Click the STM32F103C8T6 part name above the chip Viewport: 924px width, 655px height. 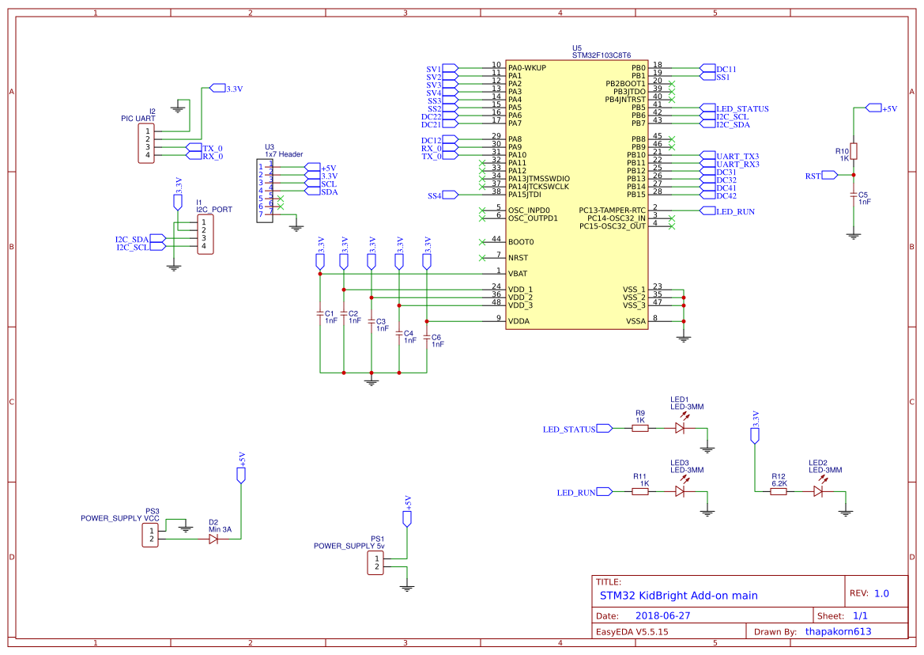[x=601, y=55]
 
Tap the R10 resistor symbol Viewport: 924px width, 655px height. [x=854, y=152]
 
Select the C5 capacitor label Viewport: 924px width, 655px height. [x=863, y=195]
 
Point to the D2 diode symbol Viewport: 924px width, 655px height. [x=213, y=539]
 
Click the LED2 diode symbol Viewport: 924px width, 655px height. [x=818, y=491]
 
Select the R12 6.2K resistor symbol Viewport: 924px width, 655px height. [x=779, y=491]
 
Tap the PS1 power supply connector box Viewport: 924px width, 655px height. [x=375, y=563]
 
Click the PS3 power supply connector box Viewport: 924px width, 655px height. [x=150, y=536]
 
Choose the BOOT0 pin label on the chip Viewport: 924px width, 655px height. [x=521, y=242]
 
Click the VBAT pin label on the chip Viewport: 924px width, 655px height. [x=518, y=274]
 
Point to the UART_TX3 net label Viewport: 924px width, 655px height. [x=737, y=156]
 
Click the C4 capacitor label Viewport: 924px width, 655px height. [x=409, y=333]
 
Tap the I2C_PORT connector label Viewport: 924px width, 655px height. [x=214, y=210]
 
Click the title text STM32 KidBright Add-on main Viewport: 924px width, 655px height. [x=679, y=596]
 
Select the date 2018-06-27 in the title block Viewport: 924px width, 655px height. [x=663, y=615]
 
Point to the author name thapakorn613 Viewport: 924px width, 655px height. [x=838, y=631]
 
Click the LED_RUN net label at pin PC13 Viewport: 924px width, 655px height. [x=735, y=212]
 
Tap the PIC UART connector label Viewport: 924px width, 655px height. [x=138, y=119]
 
